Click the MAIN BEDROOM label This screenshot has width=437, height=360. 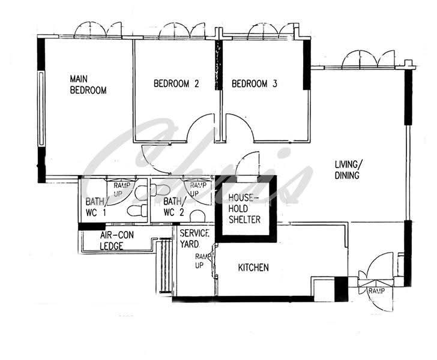(x=88, y=85)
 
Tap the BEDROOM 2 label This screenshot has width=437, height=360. (x=176, y=83)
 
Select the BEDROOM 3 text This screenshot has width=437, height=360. (x=255, y=83)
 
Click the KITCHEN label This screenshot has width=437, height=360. (x=253, y=268)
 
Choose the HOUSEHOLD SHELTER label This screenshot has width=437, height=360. (x=244, y=209)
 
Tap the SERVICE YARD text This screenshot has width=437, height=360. (x=194, y=239)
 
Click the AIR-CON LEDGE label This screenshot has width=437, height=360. (x=117, y=240)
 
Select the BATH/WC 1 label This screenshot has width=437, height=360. (x=95, y=207)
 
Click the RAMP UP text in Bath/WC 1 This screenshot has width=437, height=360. (x=122, y=190)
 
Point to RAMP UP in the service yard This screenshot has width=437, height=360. (x=201, y=261)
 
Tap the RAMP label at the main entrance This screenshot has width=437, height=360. (x=376, y=291)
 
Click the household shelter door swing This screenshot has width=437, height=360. (x=243, y=157)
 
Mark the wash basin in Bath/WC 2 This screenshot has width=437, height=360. (x=197, y=217)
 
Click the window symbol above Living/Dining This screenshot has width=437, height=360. (x=368, y=59)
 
